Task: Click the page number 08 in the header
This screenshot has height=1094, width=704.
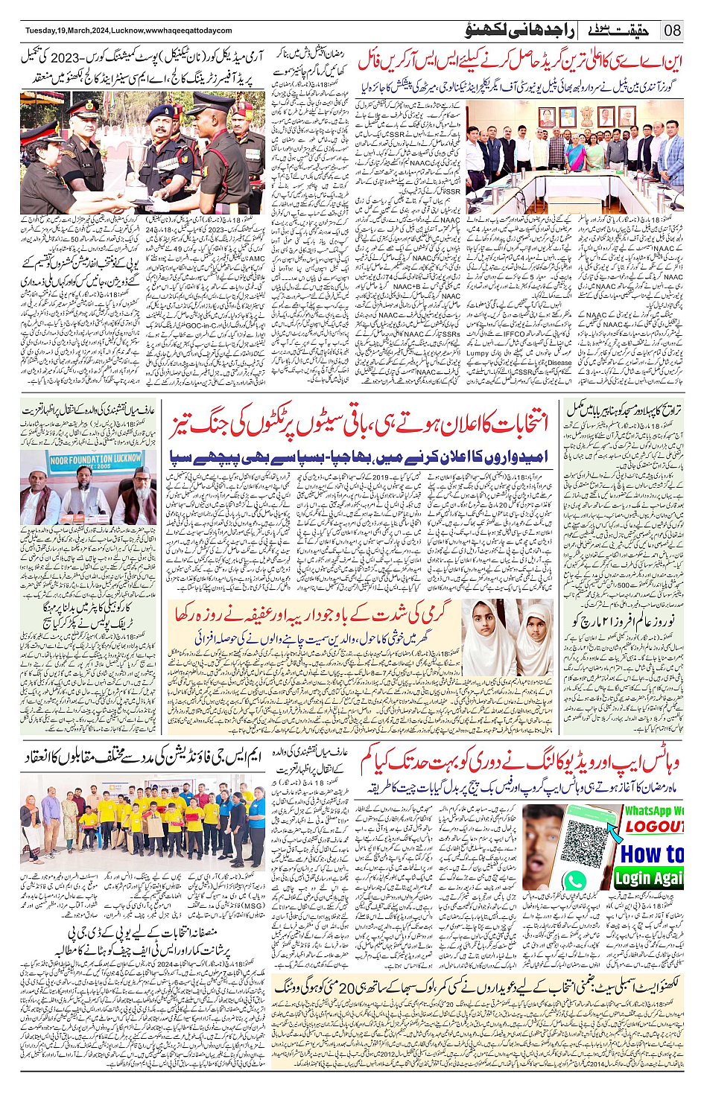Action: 673,31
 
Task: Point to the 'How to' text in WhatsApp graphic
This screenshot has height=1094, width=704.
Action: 652,853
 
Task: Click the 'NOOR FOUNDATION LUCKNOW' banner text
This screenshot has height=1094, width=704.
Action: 95,459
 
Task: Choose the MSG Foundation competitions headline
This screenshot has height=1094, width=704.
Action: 142,757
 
